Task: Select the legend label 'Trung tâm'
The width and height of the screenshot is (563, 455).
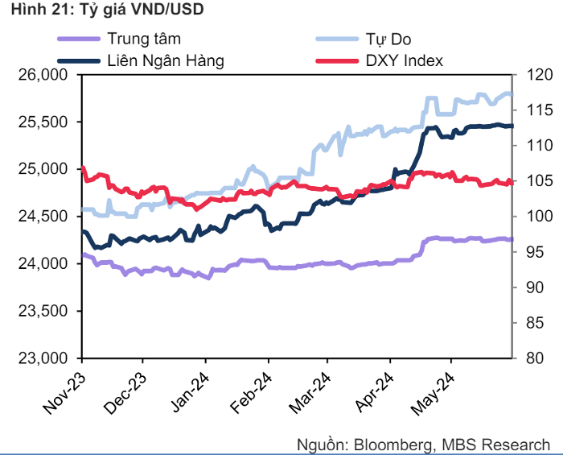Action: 144,39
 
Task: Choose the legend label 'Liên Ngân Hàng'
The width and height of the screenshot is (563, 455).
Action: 166,60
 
